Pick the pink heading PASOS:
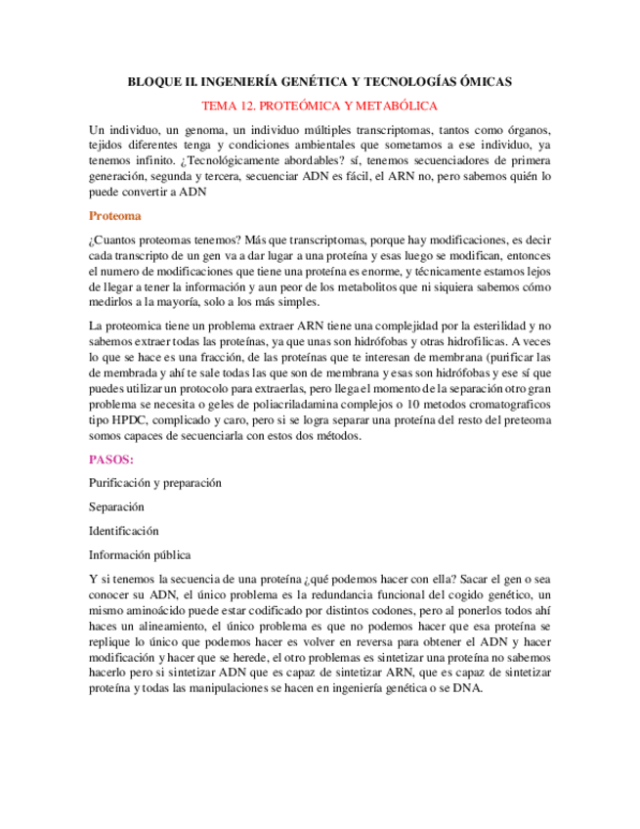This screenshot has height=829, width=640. coord(112,458)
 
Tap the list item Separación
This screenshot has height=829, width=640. coord(116,507)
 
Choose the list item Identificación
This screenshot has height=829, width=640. coord(123,531)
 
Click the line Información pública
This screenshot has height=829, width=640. coord(140,555)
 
